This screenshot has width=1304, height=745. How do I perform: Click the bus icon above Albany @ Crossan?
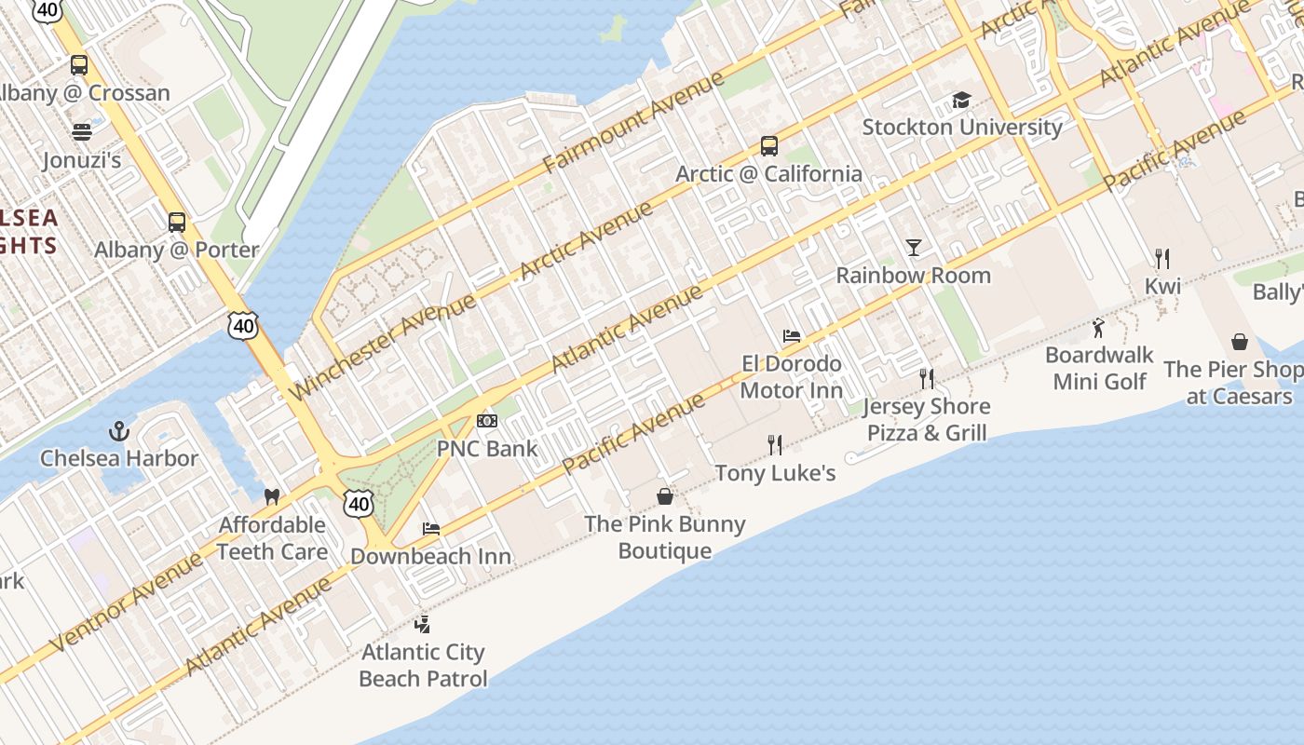tap(79, 65)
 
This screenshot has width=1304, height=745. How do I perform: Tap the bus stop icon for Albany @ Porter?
tap(177, 223)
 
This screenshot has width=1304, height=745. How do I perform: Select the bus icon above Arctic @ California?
tap(768, 146)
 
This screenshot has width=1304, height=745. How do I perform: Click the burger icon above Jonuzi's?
tap(82, 131)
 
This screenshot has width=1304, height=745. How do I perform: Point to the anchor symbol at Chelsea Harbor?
tap(118, 431)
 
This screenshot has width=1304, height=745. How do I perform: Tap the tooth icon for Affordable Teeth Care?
tap(272, 497)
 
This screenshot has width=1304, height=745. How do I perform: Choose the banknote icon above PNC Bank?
tap(487, 421)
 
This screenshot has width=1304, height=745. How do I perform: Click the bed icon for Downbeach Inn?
tap(430, 529)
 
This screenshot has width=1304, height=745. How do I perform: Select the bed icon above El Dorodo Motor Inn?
tap(792, 336)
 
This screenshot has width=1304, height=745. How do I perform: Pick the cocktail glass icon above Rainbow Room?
tap(914, 248)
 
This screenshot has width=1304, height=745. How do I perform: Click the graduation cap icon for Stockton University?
tap(961, 100)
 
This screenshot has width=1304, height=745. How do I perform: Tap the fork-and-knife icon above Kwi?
tap(1162, 258)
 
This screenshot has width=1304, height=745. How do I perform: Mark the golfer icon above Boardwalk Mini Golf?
tap(1099, 328)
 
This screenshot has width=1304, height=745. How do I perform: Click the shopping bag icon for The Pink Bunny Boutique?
tap(665, 496)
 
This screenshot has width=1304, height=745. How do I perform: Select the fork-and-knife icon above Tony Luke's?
tap(775, 445)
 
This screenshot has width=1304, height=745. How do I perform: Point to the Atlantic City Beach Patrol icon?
tap(423, 624)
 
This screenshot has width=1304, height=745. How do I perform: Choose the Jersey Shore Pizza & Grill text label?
tap(927, 419)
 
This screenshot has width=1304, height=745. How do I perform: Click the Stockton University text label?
tap(962, 127)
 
